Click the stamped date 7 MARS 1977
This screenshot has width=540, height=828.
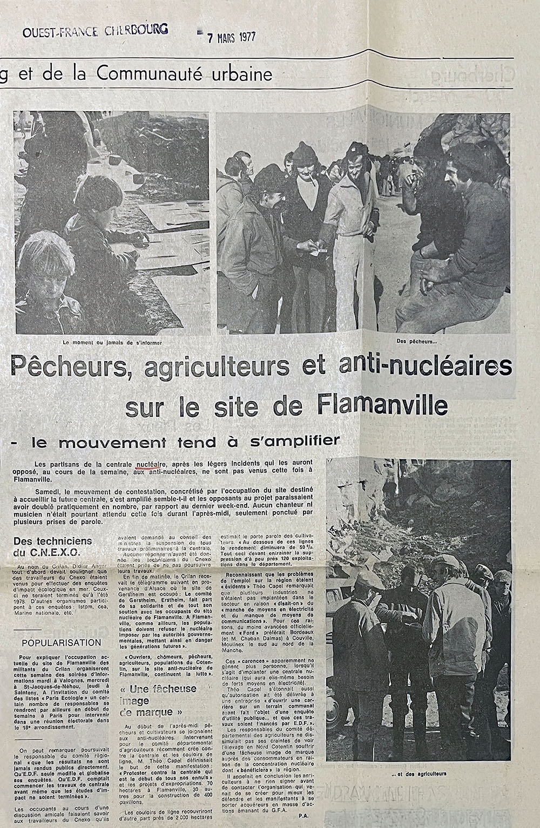coord(227,38)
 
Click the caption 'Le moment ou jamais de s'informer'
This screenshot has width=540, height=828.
coord(112,342)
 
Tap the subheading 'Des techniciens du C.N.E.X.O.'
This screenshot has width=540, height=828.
coord(53,546)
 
